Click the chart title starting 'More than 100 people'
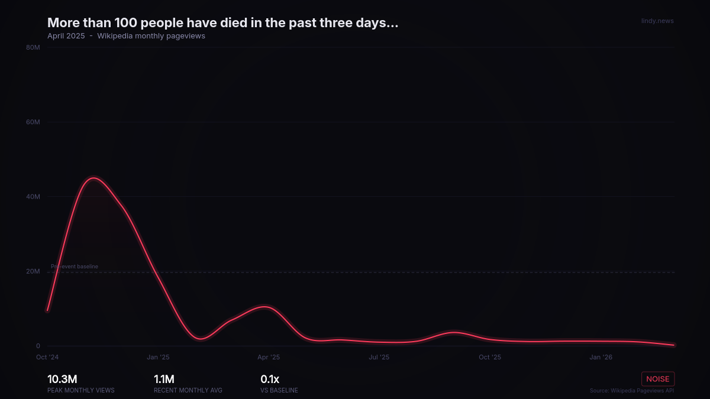(x=222, y=23)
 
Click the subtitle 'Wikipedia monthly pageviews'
(x=151, y=36)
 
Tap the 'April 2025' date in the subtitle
(x=66, y=36)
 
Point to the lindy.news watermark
(x=657, y=21)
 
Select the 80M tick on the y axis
(x=33, y=47)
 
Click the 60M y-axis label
(x=33, y=122)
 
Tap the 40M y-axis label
(x=33, y=197)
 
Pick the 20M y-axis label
(x=33, y=272)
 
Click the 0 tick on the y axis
(x=38, y=346)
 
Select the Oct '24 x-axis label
(x=47, y=358)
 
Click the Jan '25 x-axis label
(x=158, y=358)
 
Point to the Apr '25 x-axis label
(x=269, y=358)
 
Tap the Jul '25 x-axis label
(x=379, y=358)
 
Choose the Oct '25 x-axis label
(x=490, y=358)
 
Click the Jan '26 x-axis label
(x=601, y=358)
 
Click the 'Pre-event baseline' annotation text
(x=75, y=267)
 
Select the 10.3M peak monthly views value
(x=62, y=379)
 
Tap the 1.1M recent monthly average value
(x=164, y=379)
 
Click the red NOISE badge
(x=658, y=379)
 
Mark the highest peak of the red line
(x=93, y=178)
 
